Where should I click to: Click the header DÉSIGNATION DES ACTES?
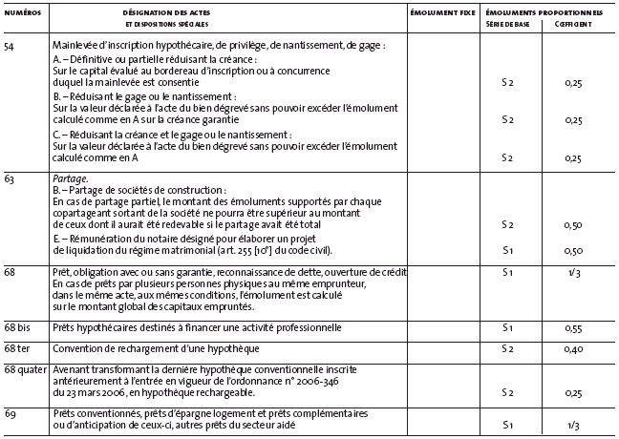166,10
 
